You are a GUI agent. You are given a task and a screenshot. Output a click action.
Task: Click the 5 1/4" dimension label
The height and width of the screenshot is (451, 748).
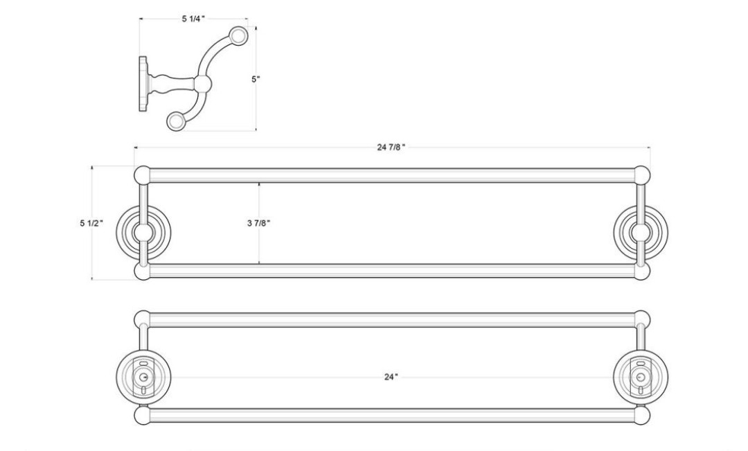(193, 19)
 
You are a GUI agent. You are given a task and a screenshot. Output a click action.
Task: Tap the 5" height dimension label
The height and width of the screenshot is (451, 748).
(256, 79)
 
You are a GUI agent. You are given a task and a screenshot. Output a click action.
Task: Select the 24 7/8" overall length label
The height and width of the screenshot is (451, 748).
(391, 147)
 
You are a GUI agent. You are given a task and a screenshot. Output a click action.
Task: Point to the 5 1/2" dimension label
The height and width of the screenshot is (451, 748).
(91, 223)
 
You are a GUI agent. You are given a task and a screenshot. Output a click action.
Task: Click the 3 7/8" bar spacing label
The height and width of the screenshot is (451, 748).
(259, 223)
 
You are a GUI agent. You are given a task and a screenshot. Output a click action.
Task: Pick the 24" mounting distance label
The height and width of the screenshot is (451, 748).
(391, 377)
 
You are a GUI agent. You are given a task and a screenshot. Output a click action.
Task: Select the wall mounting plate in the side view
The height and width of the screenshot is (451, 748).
(143, 84)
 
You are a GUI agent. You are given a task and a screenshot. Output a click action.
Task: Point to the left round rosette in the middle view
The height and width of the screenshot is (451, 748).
(143, 232)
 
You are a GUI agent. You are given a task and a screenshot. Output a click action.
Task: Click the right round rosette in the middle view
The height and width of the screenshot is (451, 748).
(640, 232)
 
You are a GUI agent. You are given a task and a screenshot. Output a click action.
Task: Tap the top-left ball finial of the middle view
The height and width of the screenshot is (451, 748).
(142, 175)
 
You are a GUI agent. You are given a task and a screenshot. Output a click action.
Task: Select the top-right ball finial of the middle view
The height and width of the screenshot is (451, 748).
(641, 175)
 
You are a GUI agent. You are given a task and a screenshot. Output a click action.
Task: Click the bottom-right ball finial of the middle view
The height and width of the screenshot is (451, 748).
(641, 271)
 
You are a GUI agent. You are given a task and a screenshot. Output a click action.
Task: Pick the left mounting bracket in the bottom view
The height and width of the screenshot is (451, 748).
(143, 378)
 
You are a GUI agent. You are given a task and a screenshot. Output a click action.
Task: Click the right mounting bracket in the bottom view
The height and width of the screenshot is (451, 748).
(640, 378)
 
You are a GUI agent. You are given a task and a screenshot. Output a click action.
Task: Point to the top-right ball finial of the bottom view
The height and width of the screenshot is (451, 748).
(641, 319)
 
